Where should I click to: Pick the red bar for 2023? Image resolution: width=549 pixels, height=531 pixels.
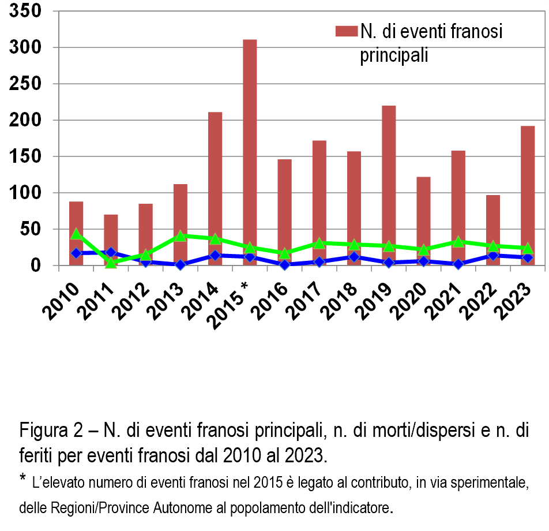[528, 185]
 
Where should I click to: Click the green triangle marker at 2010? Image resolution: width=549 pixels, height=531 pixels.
[76, 234]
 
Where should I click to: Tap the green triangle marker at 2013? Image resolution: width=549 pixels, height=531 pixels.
[181, 235]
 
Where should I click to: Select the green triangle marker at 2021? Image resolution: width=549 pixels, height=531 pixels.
[458, 241]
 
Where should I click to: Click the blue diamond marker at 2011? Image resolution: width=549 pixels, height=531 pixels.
[111, 252]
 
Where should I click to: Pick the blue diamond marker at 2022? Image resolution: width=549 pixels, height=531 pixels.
[493, 255]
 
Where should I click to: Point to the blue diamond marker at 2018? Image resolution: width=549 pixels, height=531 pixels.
[354, 257]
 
